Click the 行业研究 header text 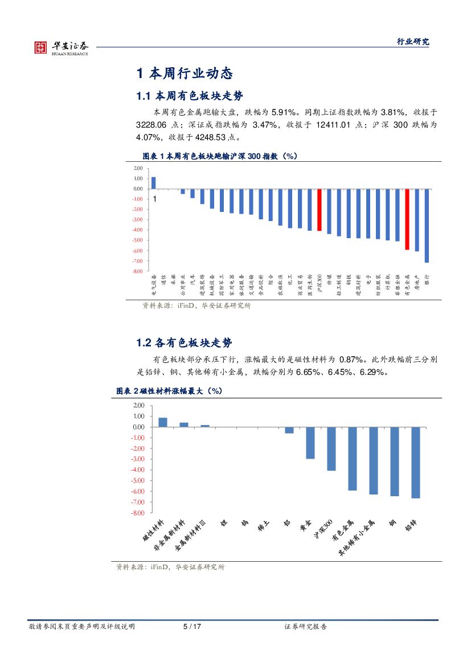(413, 42)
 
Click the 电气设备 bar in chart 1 (153, 183)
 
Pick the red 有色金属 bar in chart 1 (407, 219)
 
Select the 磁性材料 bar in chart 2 (162, 422)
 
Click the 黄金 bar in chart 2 (310, 443)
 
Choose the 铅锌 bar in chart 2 (416, 463)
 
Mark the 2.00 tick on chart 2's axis (139, 405)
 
